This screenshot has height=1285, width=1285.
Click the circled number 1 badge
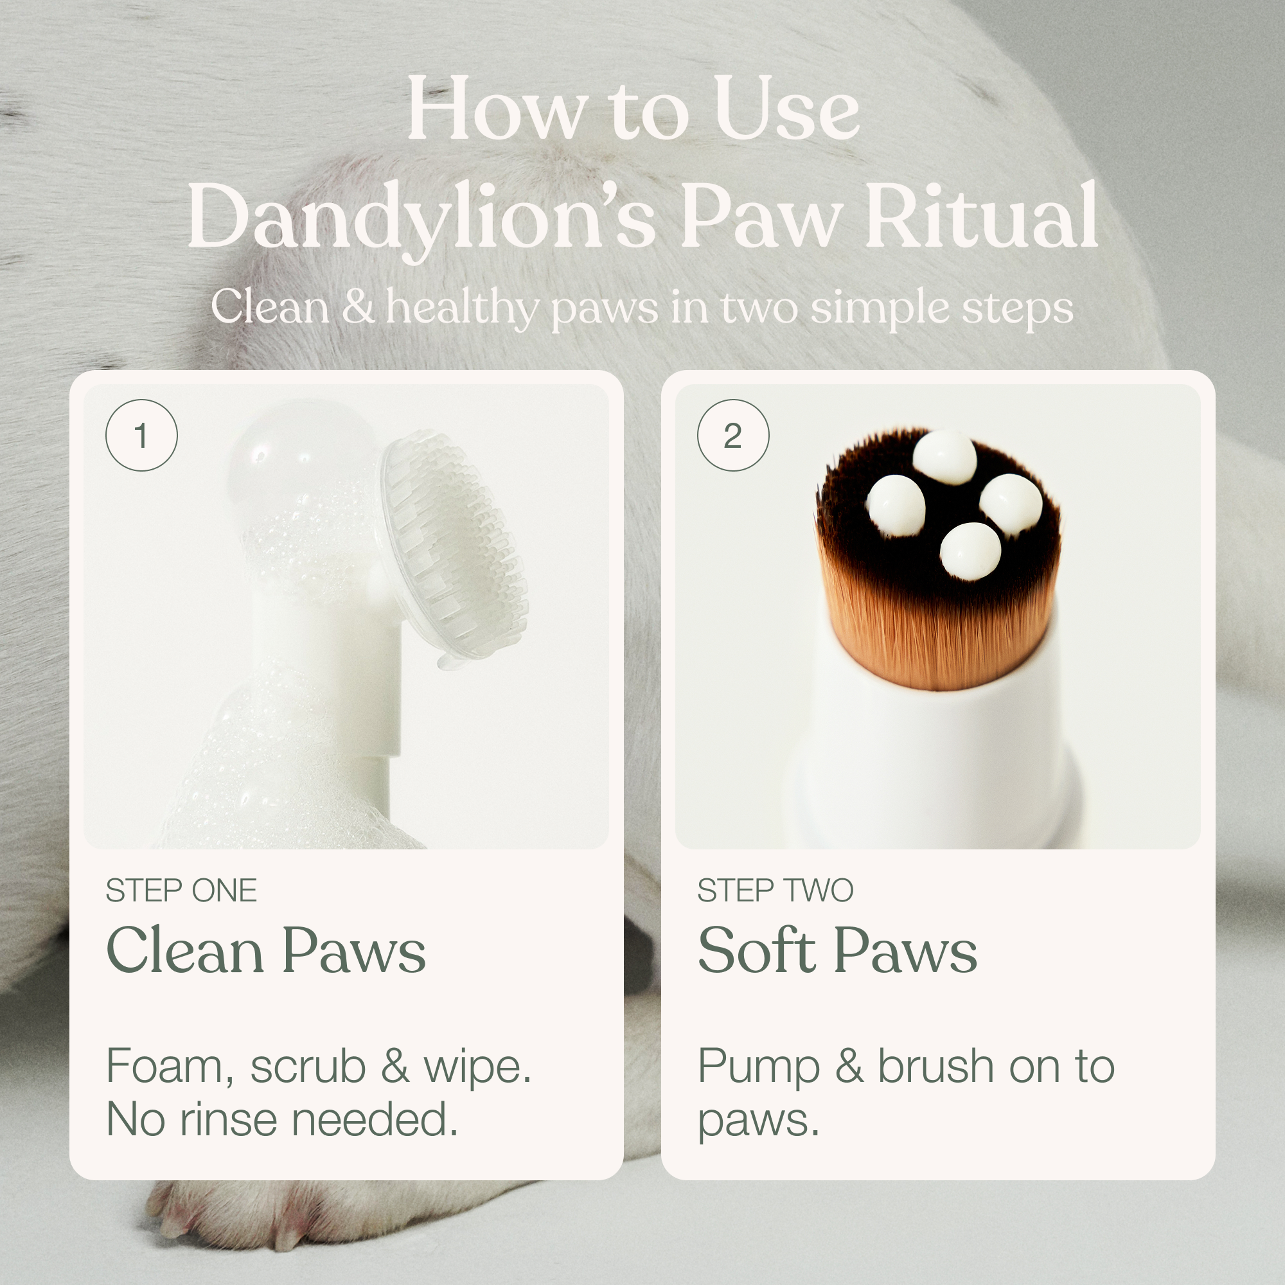(141, 436)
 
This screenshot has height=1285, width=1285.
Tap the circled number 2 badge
(733, 436)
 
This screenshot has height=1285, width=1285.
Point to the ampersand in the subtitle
(358, 306)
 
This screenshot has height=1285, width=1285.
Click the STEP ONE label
(181, 891)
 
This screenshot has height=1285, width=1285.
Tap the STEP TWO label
(775, 891)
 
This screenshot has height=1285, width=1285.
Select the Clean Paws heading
(265, 950)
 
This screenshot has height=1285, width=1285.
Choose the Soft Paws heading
(837, 950)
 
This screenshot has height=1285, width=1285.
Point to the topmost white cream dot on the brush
(944, 457)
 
